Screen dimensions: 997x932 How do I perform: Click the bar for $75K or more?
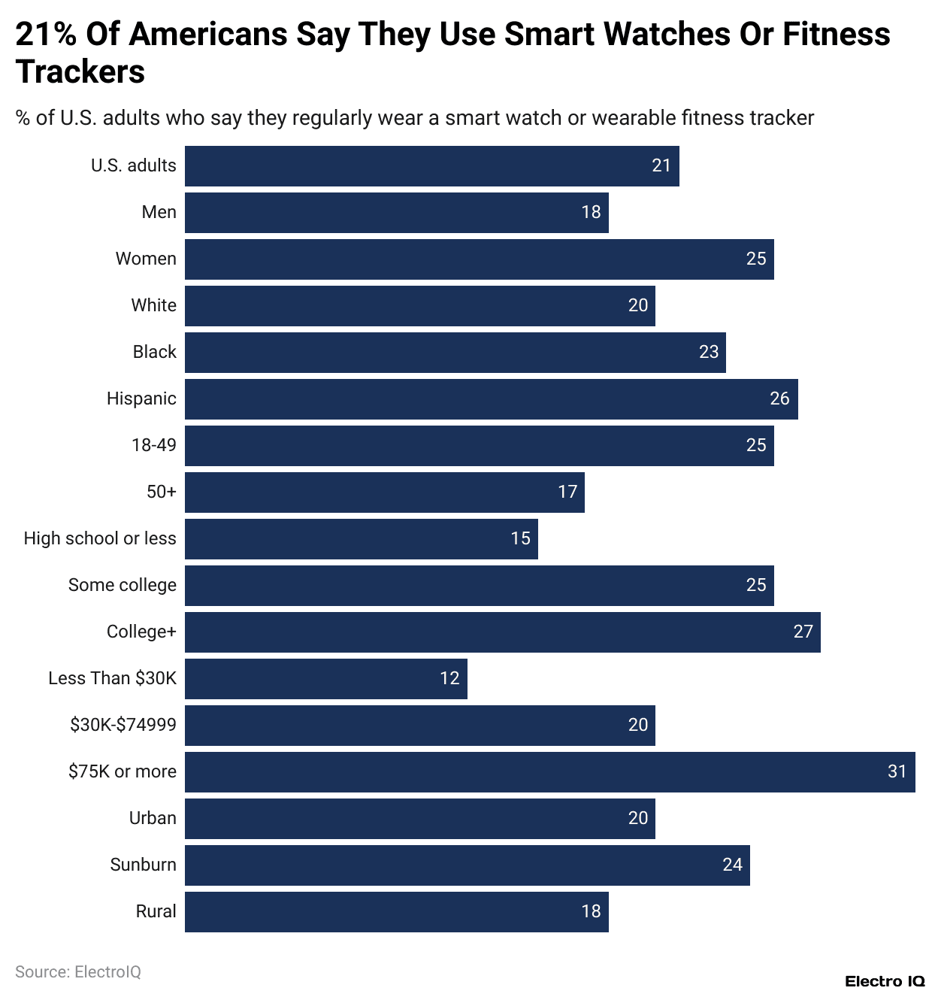[549, 771]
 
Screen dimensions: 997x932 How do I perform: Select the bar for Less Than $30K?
[325, 678]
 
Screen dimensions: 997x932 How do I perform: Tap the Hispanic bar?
[491, 398]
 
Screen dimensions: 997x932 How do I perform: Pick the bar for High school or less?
[361, 538]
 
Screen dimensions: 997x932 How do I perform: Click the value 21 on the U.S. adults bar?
[661, 165]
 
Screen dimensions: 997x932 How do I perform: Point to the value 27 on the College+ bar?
[803, 632]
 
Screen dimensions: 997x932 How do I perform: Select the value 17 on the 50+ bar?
[567, 492]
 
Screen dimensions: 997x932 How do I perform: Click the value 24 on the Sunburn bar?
[732, 865]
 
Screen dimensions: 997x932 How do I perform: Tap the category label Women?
[146, 259]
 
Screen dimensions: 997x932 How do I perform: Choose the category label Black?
[154, 352]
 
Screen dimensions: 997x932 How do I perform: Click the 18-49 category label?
[153, 445]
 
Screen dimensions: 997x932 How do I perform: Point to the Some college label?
[122, 585]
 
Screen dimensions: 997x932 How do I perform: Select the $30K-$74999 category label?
[123, 725]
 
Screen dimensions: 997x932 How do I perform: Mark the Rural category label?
[156, 911]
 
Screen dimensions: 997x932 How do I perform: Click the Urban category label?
[153, 818]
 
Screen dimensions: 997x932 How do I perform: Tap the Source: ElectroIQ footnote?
[78, 972]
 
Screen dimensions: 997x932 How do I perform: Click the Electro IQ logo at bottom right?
[885, 981]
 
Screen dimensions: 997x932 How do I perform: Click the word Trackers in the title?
[80, 72]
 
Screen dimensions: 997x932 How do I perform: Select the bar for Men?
[396, 212]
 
